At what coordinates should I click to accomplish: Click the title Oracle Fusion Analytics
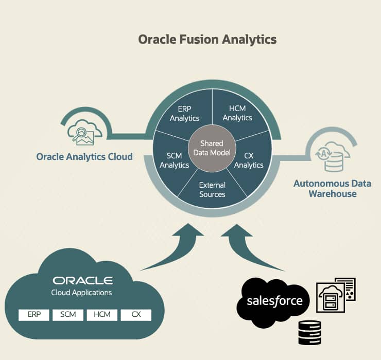(207, 40)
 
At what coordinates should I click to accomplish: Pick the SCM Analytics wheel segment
(174, 160)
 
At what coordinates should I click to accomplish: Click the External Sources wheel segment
(212, 189)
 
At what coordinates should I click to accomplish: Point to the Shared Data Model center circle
(212, 148)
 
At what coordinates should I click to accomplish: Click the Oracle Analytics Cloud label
(84, 156)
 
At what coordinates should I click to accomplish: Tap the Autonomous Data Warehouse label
(332, 188)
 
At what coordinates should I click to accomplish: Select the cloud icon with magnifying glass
(81, 132)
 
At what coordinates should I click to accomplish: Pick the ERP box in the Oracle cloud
(33, 314)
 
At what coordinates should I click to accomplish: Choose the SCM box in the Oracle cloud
(68, 314)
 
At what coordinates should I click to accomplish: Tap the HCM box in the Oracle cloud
(102, 314)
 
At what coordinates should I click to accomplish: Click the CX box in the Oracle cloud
(136, 314)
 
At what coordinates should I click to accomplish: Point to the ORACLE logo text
(82, 280)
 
